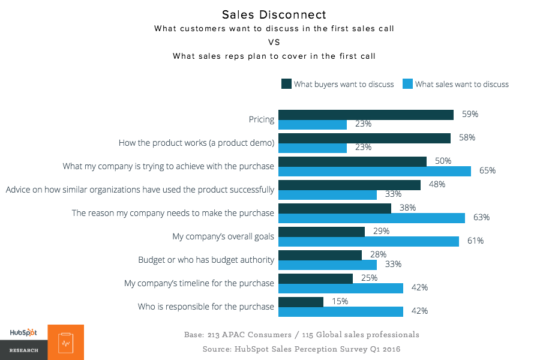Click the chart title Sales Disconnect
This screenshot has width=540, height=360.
click(x=274, y=14)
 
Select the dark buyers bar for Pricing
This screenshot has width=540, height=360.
click(x=366, y=115)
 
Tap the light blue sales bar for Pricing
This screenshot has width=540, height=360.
click(x=313, y=124)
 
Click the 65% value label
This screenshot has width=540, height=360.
click(x=487, y=170)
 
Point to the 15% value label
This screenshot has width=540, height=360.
click(x=340, y=301)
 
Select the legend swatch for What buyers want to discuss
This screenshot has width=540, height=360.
click(x=286, y=84)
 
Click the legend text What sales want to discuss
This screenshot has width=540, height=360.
click(x=461, y=84)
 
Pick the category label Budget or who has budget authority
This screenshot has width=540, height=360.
click(x=206, y=260)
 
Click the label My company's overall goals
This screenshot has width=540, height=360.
click(x=223, y=236)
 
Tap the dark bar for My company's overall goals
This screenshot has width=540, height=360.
click(x=322, y=232)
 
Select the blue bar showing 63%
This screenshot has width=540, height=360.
click(x=371, y=217)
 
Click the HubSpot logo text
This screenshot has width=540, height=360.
click(x=23, y=332)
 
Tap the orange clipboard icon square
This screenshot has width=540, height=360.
click(x=65, y=343)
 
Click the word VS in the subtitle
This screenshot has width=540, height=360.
click(x=274, y=42)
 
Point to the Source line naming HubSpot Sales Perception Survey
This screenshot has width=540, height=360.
click(x=301, y=349)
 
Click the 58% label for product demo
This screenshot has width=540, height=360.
click(x=467, y=137)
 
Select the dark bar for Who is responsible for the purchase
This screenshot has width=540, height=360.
click(x=301, y=302)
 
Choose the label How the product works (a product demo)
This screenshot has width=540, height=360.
click(x=196, y=143)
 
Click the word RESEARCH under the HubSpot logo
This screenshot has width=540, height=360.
click(x=23, y=350)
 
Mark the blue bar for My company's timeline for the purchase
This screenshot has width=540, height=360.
click(x=341, y=288)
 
